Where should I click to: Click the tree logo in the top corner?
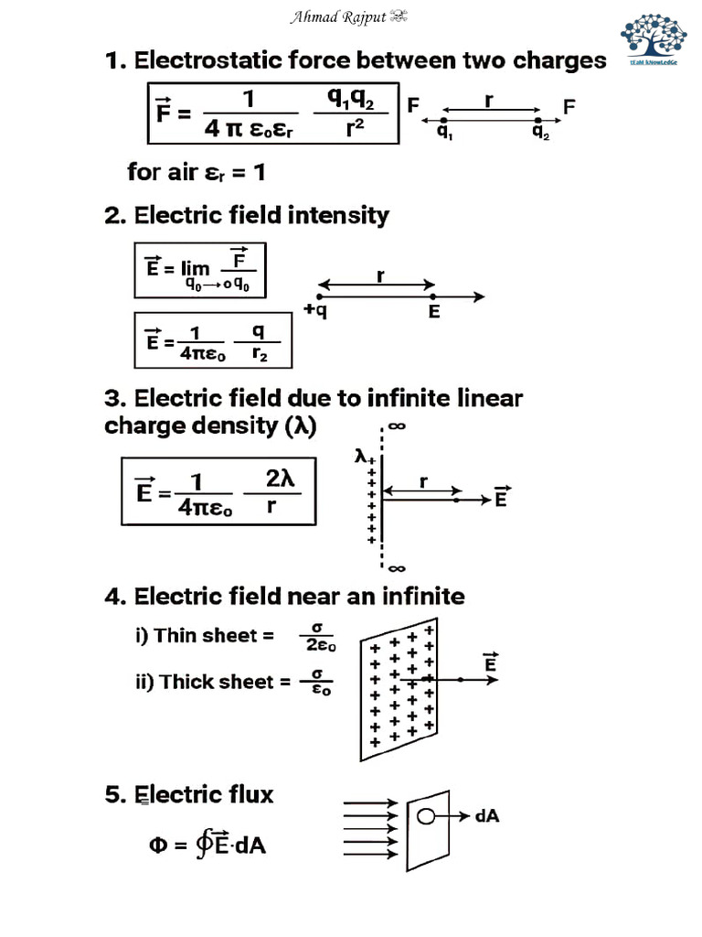(x=654, y=37)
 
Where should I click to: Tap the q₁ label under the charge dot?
(x=444, y=132)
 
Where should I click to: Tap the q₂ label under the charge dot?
(x=541, y=132)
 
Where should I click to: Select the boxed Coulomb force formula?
(x=272, y=113)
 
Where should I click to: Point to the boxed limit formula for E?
(x=200, y=270)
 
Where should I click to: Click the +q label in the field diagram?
(x=315, y=311)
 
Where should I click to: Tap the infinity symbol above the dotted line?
(x=397, y=425)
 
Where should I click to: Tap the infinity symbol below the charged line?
(x=397, y=566)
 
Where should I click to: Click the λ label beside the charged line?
(x=361, y=454)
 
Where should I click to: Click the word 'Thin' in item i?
(x=176, y=635)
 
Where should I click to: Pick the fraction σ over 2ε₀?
(x=315, y=636)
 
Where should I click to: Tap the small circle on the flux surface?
(x=423, y=816)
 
